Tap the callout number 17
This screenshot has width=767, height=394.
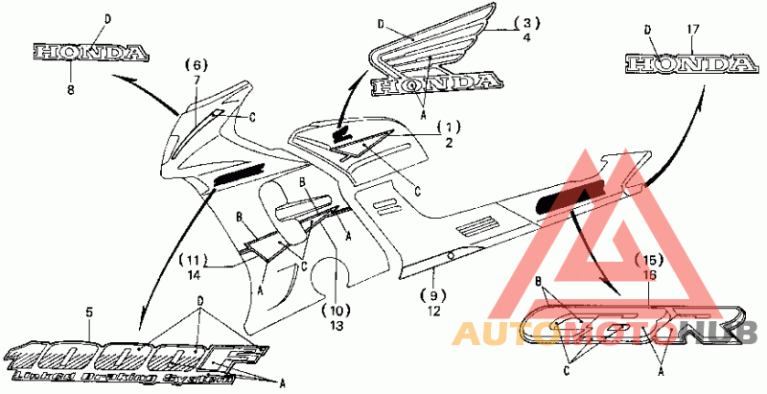pyautogui.click(x=692, y=29)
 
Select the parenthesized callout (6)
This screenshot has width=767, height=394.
pyautogui.click(x=195, y=64)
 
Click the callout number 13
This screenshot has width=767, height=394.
pyautogui.click(x=336, y=326)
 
